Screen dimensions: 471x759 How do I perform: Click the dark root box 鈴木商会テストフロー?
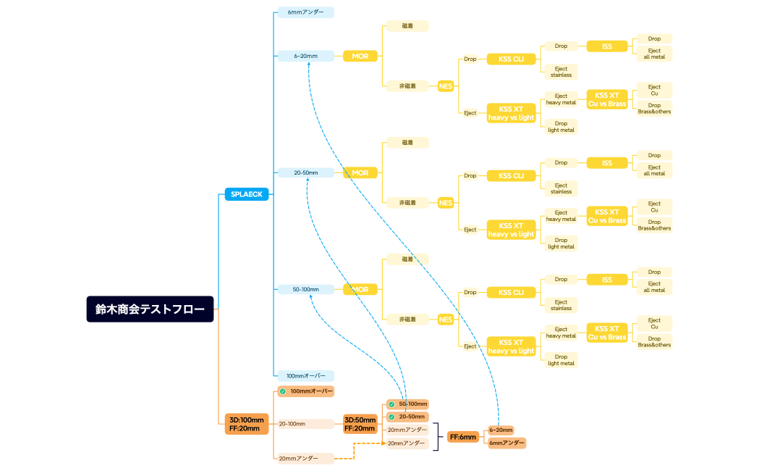pyautogui.click(x=150, y=309)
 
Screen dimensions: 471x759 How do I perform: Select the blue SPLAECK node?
pyautogui.click(x=247, y=193)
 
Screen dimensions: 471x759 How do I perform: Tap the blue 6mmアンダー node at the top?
pyautogui.click(x=305, y=12)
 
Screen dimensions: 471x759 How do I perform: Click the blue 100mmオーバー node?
pyautogui.click(x=305, y=375)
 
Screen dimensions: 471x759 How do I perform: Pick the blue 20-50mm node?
pyautogui.click(x=305, y=172)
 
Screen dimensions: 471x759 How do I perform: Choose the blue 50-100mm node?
pyautogui.click(x=305, y=289)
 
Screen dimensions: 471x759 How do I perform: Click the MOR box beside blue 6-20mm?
pyautogui.click(x=360, y=56)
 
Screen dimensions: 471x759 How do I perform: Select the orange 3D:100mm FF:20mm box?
pyautogui.click(x=247, y=424)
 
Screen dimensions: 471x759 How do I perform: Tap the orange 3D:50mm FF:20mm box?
pyautogui.click(x=360, y=424)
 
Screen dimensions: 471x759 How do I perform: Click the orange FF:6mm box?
pyautogui.click(x=463, y=437)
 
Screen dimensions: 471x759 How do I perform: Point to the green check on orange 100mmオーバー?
pyautogui.click(x=283, y=391)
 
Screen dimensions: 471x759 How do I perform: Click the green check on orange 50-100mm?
pyautogui.click(x=391, y=404)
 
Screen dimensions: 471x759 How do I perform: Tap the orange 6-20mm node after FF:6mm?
pyautogui.click(x=501, y=430)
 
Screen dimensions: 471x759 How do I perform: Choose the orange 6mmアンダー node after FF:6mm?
pyautogui.click(x=506, y=443)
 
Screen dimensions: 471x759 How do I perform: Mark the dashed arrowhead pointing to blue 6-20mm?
pyautogui.click(x=309, y=64)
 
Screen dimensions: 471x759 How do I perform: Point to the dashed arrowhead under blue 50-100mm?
pyautogui.click(x=312, y=297)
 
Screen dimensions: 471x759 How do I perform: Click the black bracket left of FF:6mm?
pyautogui.click(x=436, y=436)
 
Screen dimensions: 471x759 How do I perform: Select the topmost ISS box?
pyautogui.click(x=606, y=46)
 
